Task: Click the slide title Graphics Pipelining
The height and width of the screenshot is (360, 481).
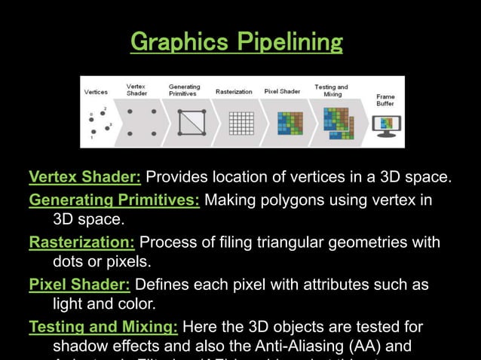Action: coord(236,42)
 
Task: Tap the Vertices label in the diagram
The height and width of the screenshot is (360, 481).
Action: coord(96,92)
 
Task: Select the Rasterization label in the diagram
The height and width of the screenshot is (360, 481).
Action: coord(234,92)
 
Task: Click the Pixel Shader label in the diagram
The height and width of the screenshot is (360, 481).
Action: coord(282,92)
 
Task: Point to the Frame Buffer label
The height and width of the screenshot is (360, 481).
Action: coord(385,100)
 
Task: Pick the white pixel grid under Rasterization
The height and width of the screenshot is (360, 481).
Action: coord(241,122)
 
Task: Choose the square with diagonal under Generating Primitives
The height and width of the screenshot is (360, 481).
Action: coord(191,122)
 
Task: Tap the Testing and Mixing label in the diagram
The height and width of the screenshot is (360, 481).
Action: coord(331,90)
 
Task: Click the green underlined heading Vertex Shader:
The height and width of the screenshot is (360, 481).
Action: coord(84,178)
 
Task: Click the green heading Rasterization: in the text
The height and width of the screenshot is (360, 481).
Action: coord(81,242)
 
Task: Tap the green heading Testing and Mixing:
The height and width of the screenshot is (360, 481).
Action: coord(103,327)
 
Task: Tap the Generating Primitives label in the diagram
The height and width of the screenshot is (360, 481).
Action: coord(184,90)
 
